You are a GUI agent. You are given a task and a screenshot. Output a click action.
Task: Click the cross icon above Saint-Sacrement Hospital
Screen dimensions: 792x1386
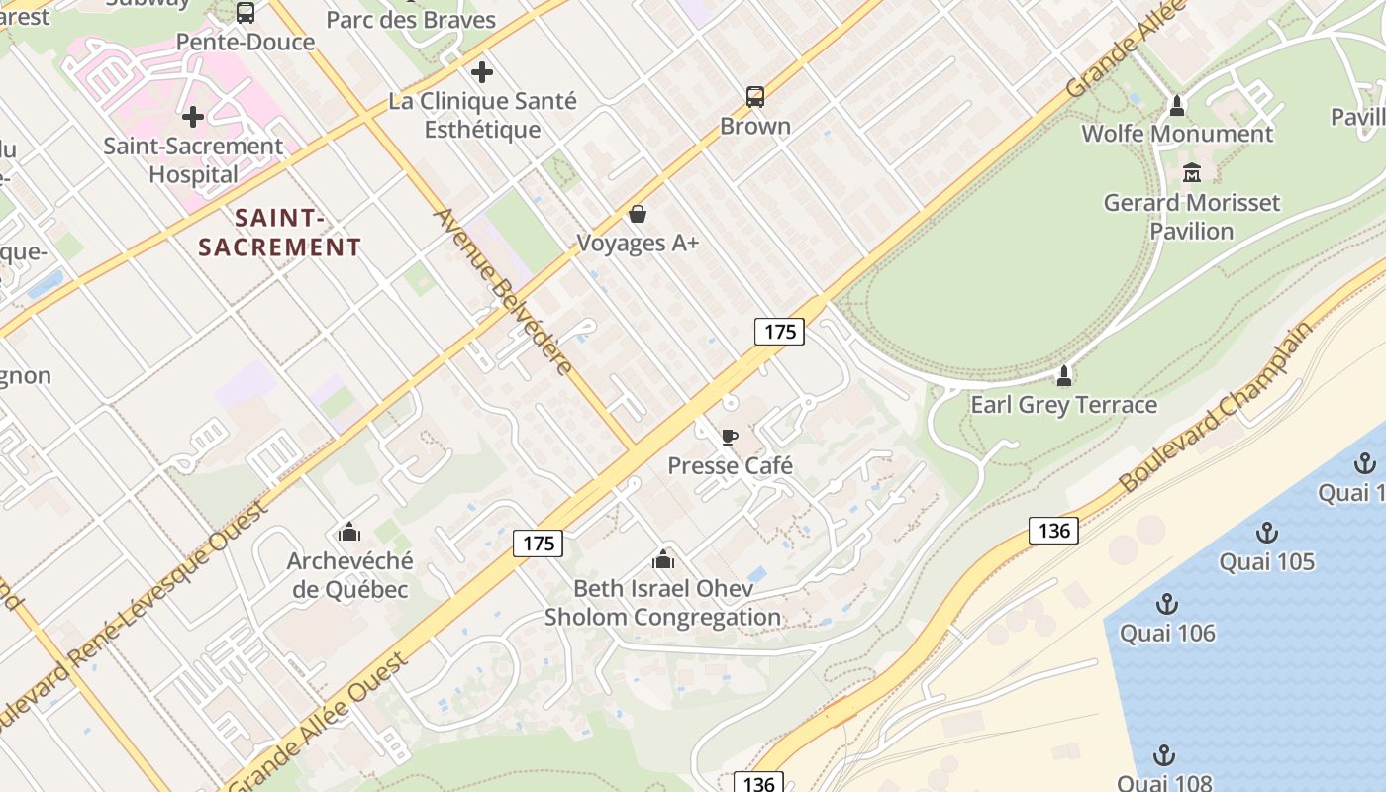point(193,117)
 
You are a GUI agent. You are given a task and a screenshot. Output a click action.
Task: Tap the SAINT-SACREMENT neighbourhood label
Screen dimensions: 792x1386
point(279,232)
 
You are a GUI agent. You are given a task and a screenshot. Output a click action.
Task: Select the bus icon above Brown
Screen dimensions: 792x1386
point(755,97)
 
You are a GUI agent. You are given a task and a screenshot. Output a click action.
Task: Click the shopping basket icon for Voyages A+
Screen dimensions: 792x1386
point(638,214)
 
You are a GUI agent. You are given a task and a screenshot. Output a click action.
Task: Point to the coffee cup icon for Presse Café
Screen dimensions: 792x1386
point(730,437)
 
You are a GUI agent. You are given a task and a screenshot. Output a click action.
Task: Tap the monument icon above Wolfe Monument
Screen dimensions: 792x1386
point(1177,105)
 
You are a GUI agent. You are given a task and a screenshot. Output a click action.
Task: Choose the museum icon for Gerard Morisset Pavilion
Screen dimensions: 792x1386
point(1192,173)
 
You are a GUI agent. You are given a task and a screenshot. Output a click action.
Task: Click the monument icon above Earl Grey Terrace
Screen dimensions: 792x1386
point(1064,376)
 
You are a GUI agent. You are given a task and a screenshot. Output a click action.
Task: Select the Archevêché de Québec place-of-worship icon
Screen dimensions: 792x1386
point(349,533)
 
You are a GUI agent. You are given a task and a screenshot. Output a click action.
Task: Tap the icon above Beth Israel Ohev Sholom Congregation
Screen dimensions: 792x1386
point(663,560)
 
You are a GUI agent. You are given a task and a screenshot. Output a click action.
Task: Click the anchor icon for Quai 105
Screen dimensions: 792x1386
point(1266,534)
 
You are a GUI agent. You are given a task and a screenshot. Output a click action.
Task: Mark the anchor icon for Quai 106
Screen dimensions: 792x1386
point(1167,604)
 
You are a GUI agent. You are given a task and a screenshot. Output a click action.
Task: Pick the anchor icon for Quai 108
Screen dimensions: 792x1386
point(1164,756)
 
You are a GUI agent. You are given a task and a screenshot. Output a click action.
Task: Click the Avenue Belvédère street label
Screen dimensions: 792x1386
point(503,291)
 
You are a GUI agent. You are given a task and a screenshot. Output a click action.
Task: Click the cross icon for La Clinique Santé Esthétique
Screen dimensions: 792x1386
point(482,72)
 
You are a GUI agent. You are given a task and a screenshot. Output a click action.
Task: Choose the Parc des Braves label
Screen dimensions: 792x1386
point(411,20)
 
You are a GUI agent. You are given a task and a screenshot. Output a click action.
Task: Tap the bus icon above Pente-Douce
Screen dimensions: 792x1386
point(246,13)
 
